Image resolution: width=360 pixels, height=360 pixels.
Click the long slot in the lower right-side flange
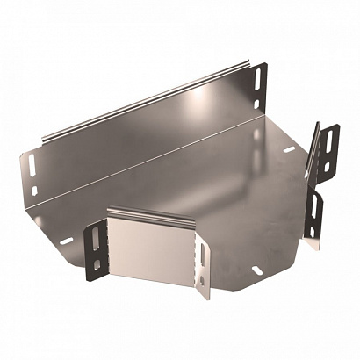pyautogui.click(x=313, y=211)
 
